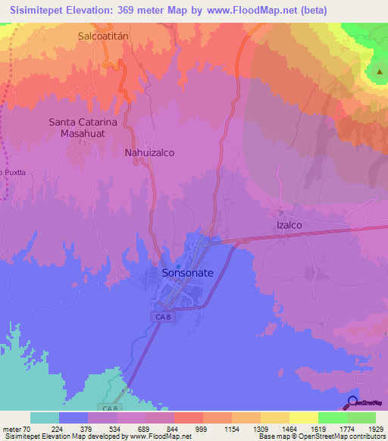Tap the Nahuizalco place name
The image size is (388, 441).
[x=149, y=152]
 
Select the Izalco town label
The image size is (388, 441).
[x=287, y=225]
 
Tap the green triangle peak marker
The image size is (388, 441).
[x=378, y=71]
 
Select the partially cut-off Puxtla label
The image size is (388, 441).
[x=13, y=172]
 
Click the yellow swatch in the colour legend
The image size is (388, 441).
[x=303, y=418]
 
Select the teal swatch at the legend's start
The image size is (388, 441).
[x=44, y=418]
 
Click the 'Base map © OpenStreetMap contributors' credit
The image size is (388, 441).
[x=321, y=436]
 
